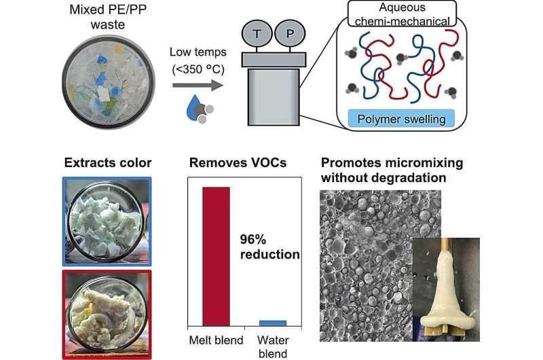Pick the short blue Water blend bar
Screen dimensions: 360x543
(x=272, y=323)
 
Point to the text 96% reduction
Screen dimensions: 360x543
(x=269, y=247)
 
